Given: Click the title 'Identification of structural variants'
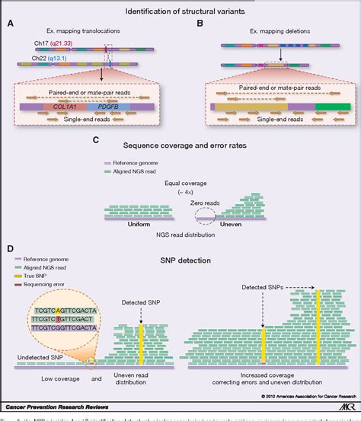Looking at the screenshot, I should [x=180, y=9].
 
